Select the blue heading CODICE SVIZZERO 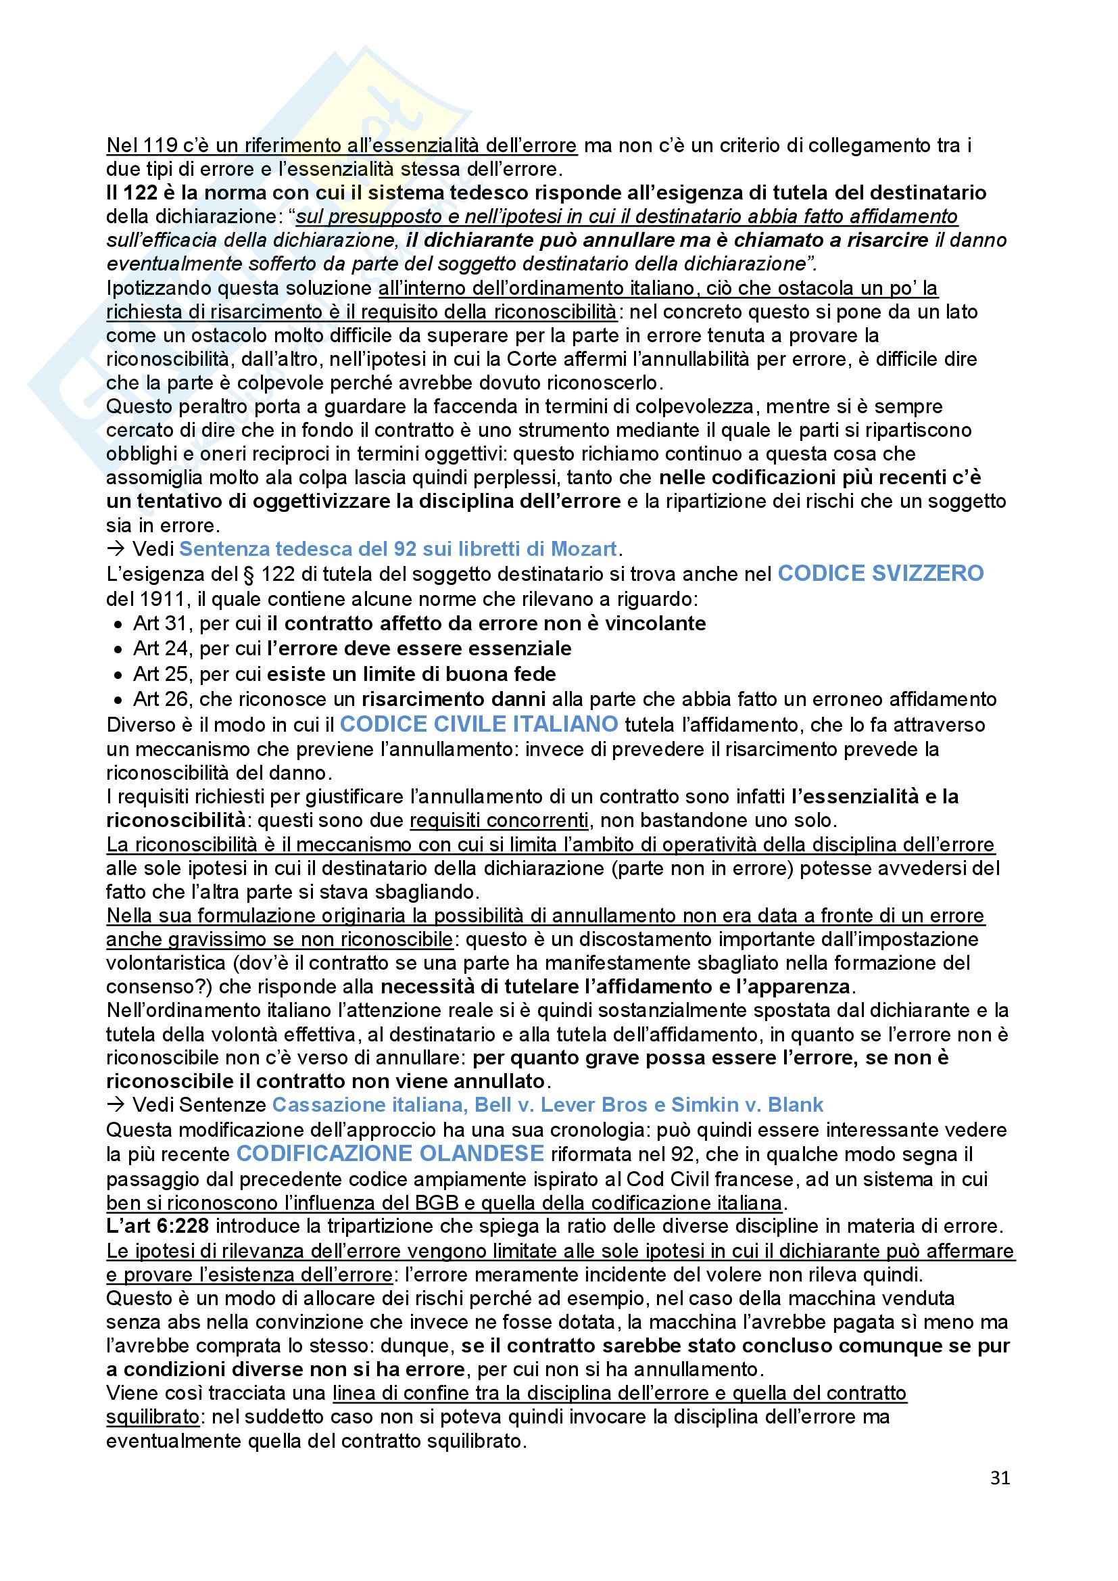tap(881, 573)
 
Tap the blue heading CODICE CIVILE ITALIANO tap(479, 724)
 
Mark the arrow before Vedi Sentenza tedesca tap(116, 549)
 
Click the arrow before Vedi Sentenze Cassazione tap(116, 1105)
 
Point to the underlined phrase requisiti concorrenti tap(498, 821)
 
